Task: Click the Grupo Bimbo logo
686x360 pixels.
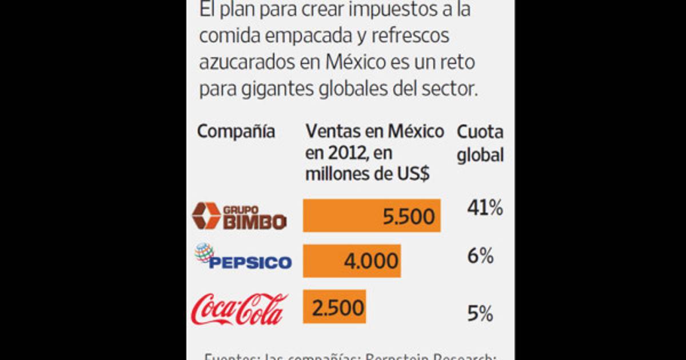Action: tap(239, 215)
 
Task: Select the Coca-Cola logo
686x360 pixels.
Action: tap(240, 309)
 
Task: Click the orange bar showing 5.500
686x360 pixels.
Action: tap(372, 215)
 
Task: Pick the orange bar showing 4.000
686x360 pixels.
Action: tap(352, 261)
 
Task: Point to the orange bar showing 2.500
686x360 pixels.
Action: tap(334, 307)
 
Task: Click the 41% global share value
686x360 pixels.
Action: tap(485, 209)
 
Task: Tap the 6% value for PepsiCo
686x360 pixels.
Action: tap(480, 257)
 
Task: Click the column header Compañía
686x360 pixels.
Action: tap(236, 131)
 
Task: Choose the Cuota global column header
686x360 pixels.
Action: tap(480, 143)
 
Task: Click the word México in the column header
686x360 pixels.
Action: tap(416, 131)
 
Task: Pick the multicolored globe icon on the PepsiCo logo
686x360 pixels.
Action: tap(204, 252)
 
